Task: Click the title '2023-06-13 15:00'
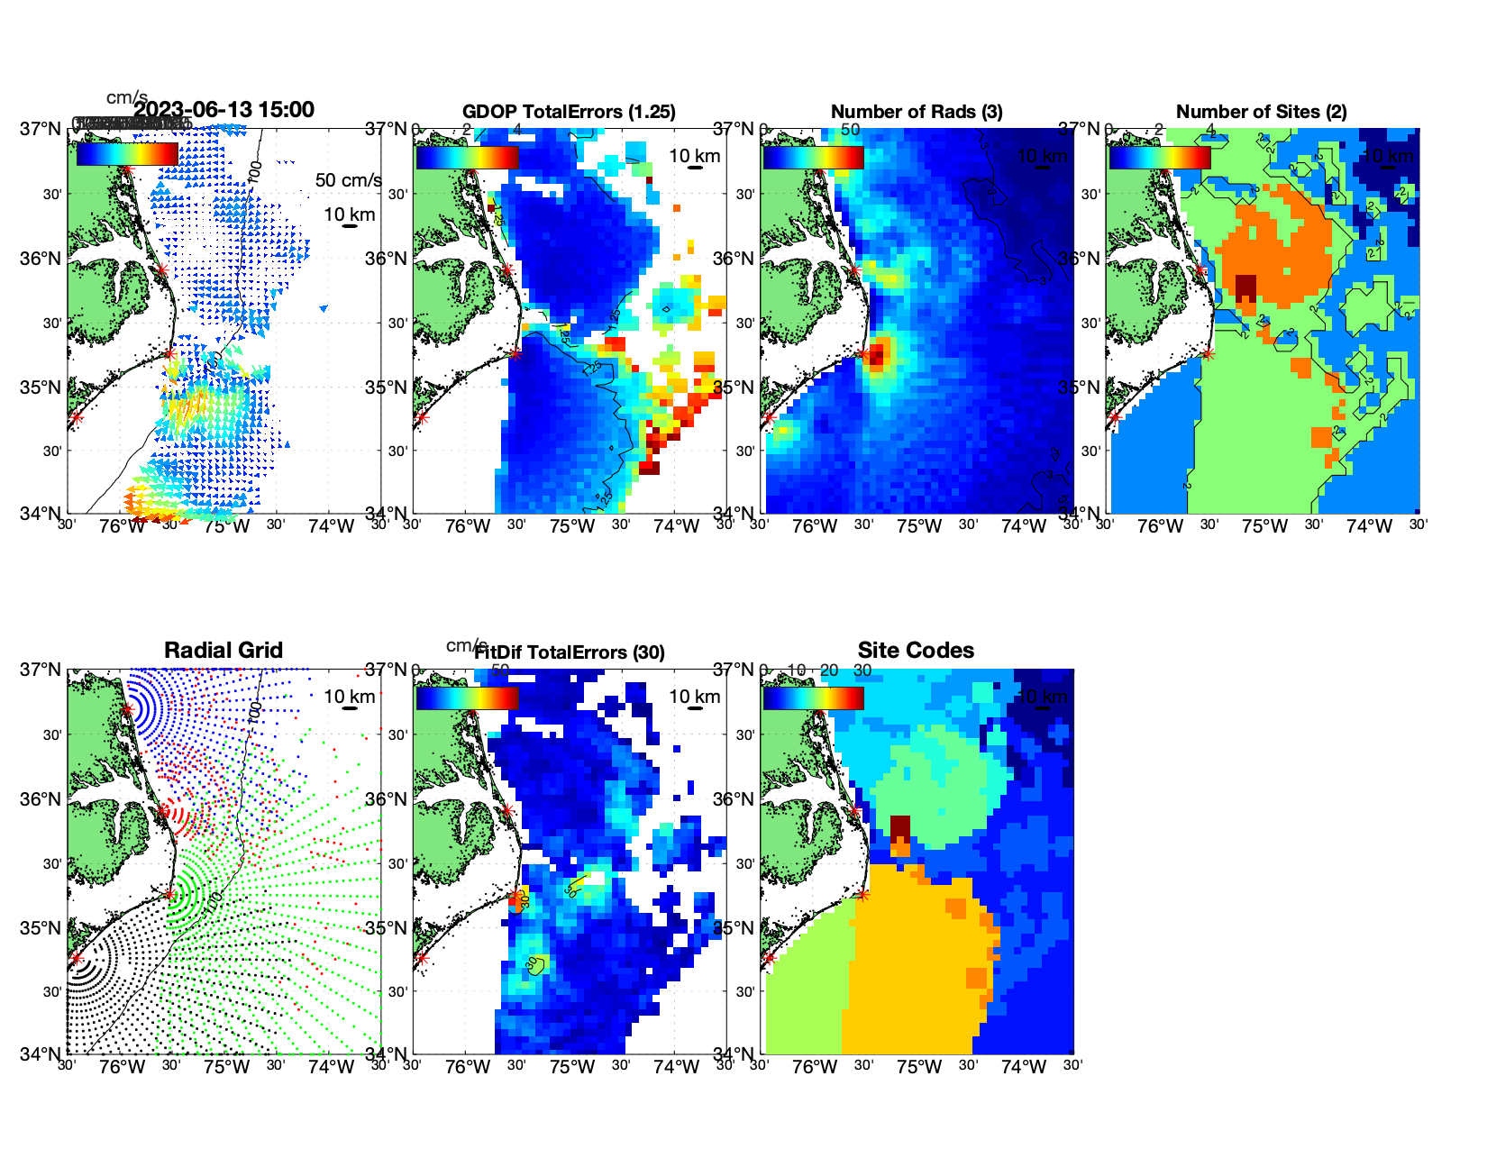point(224,110)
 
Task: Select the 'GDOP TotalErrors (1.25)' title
point(569,112)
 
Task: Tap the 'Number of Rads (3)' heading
point(916,112)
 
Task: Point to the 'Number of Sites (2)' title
point(1261,112)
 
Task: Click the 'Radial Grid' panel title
point(224,651)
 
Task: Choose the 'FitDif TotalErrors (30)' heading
point(569,652)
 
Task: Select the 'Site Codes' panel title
point(916,651)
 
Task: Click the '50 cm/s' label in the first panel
point(348,180)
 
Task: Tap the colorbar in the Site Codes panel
point(813,698)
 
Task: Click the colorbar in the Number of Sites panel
point(1159,157)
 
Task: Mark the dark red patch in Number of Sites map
point(1245,287)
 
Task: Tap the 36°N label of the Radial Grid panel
point(41,799)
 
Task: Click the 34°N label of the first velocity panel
point(41,514)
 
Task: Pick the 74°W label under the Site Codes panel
point(1023,1067)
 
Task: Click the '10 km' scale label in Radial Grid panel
point(349,697)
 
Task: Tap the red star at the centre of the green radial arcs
point(169,894)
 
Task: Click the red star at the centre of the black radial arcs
point(76,958)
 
